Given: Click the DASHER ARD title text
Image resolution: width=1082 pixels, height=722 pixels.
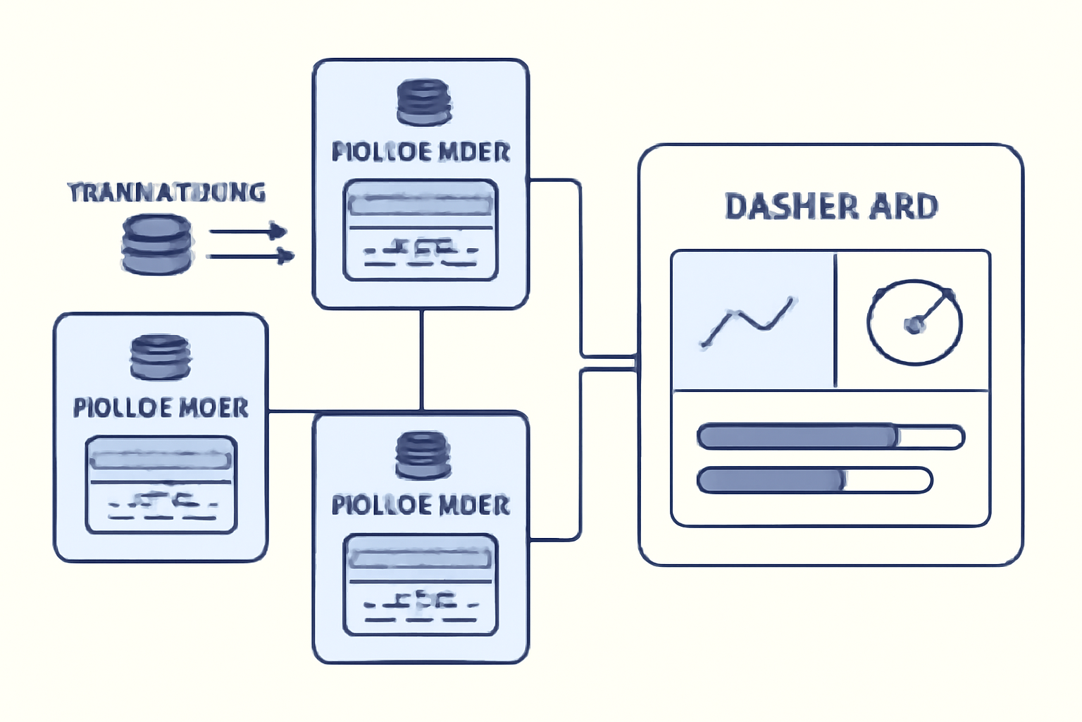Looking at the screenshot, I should coord(831,207).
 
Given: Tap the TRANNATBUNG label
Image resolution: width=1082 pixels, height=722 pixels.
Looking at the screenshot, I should coord(167,192).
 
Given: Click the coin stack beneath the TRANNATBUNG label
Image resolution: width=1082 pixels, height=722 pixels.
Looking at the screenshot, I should coord(156,244).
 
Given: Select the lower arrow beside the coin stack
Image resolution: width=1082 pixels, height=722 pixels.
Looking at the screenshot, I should coord(250,256).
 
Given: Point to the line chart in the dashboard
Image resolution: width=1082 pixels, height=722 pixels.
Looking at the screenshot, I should coord(747,322).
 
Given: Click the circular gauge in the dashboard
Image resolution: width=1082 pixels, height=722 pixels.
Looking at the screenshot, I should coord(914,322).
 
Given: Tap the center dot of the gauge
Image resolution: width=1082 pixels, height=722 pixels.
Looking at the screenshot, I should coord(914,324).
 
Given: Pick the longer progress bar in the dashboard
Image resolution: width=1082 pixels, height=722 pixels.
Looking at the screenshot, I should coord(831,436).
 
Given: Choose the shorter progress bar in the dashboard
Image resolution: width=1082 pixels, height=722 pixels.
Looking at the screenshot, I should coord(814,480).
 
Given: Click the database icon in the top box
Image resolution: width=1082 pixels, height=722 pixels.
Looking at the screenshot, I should coord(423,102).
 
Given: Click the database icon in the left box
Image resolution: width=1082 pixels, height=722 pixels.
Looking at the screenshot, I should coord(161,357).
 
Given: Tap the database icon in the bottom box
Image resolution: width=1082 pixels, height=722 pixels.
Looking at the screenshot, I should coord(423,455).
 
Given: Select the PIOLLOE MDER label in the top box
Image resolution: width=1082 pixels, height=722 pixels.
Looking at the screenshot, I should coord(421,152).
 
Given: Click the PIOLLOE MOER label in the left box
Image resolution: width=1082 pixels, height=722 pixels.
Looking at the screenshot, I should coord(161,408).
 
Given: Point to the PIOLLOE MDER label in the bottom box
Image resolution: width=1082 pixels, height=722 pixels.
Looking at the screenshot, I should coord(421,505).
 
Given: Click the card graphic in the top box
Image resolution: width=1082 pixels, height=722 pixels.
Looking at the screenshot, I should coord(421,230).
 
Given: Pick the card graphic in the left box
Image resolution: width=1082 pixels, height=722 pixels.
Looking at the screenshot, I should coord(161,484).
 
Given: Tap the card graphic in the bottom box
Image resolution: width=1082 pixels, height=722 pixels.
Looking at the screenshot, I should coord(421,585).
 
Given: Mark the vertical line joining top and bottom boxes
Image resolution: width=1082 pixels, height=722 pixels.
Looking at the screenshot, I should coord(421,360).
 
